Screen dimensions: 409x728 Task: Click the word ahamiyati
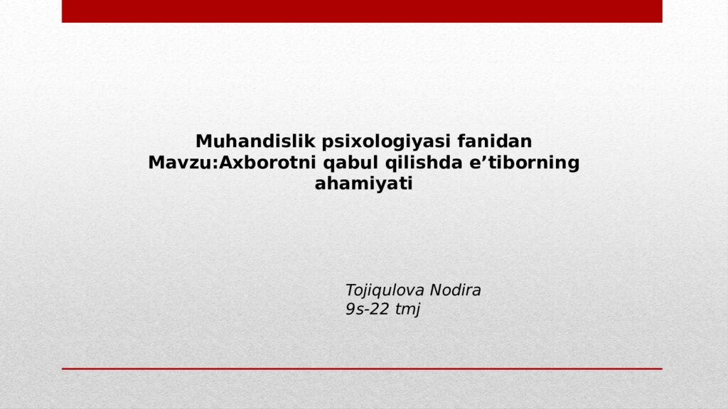tap(363, 184)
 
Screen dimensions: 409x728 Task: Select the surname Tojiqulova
tap(385, 290)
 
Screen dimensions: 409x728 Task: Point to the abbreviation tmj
tap(408, 310)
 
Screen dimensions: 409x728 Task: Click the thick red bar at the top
tap(362, 11)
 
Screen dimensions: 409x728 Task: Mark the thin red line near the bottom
tap(362, 369)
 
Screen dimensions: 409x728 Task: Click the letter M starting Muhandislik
tap(203, 141)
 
